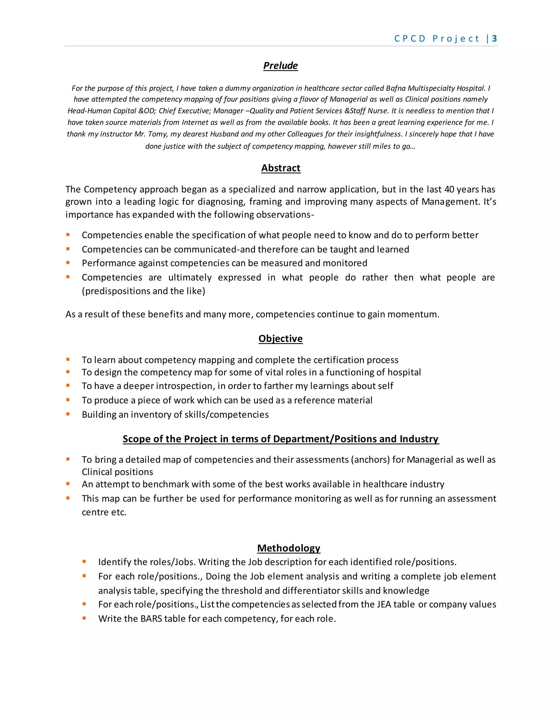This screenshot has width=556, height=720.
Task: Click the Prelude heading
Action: coord(280,65)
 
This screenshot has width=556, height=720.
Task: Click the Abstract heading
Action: coord(281,168)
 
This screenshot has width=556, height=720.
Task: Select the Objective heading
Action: coord(280,339)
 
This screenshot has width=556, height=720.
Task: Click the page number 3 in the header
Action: coord(494,39)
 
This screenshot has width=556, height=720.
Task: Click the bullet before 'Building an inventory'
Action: coord(68,414)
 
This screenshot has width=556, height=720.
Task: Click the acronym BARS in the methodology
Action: coord(151,618)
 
